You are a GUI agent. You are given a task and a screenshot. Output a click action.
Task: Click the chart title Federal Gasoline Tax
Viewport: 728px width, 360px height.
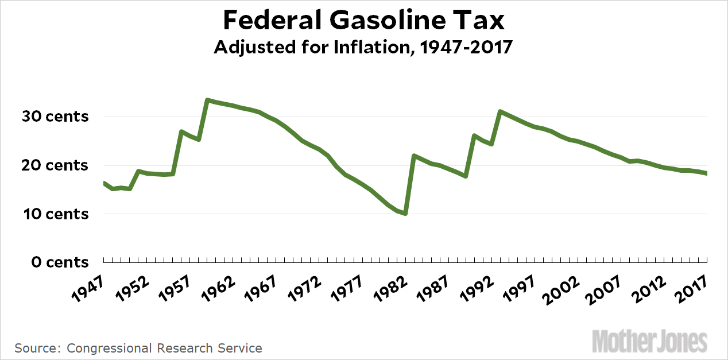363,21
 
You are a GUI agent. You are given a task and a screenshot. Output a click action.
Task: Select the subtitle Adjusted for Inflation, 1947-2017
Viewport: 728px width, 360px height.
363,48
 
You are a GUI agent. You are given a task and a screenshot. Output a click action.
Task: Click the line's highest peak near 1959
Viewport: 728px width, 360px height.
207,100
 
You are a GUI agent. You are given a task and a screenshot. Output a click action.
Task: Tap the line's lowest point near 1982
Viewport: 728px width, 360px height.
405,214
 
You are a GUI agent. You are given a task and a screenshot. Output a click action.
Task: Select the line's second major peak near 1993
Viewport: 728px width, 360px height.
500,111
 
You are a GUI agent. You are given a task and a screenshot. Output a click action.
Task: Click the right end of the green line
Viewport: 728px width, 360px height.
706,173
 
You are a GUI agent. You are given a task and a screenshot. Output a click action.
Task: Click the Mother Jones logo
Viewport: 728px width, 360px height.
649,341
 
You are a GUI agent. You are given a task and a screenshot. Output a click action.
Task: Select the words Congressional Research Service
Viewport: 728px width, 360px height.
164,348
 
